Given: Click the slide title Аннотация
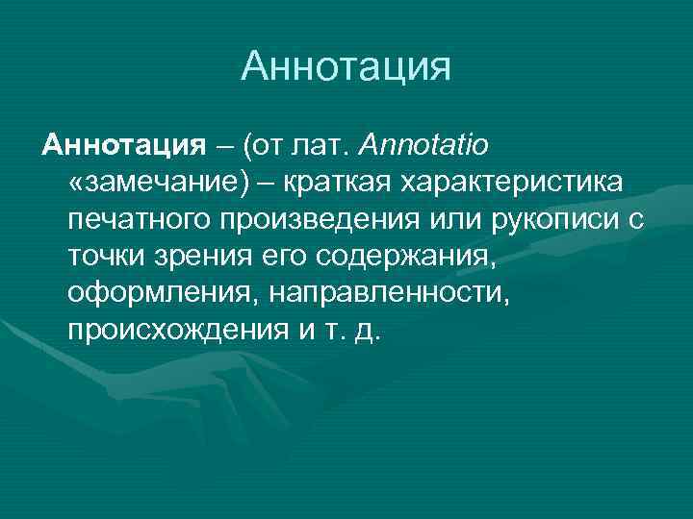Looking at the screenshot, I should point(346,66).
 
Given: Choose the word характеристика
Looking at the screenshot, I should point(513,184).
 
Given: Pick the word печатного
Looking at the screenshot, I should point(142,220).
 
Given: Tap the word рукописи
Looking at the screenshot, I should point(558,220).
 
